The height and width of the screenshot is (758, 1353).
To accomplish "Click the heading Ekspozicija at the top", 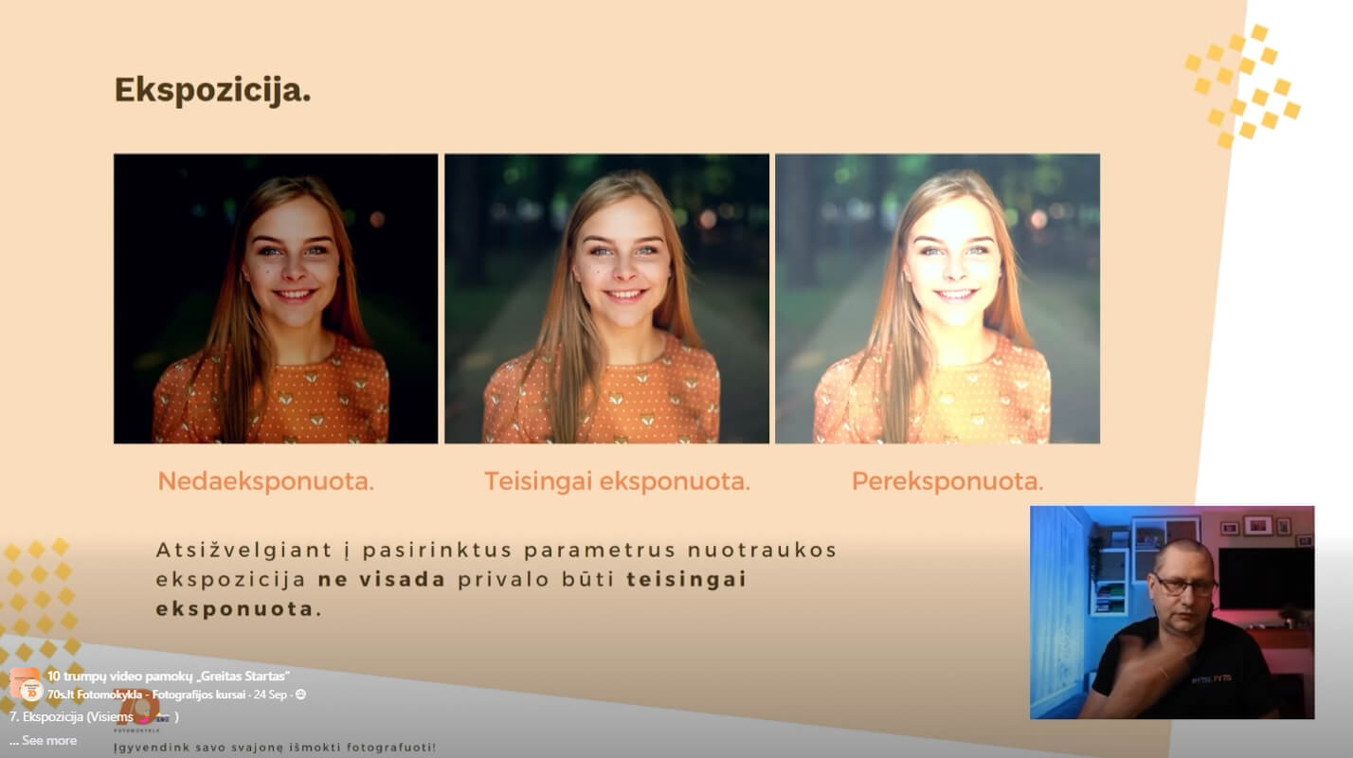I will point(212,91).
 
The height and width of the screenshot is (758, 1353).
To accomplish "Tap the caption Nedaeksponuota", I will point(265,481).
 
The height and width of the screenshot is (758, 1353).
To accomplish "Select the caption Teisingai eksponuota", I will point(617,481).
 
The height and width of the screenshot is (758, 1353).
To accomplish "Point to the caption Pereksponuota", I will point(947,481).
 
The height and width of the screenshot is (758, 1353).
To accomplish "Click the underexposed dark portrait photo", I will point(276,298).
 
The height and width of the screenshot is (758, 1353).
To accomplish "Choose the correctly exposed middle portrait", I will point(606,298).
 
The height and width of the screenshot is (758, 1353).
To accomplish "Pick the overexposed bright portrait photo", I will point(937,298).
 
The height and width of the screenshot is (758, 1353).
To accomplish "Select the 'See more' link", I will point(48,741).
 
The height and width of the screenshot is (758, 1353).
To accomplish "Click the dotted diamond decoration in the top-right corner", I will point(1242,85).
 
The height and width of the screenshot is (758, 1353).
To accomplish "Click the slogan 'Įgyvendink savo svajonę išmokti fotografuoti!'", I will point(275,749).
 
